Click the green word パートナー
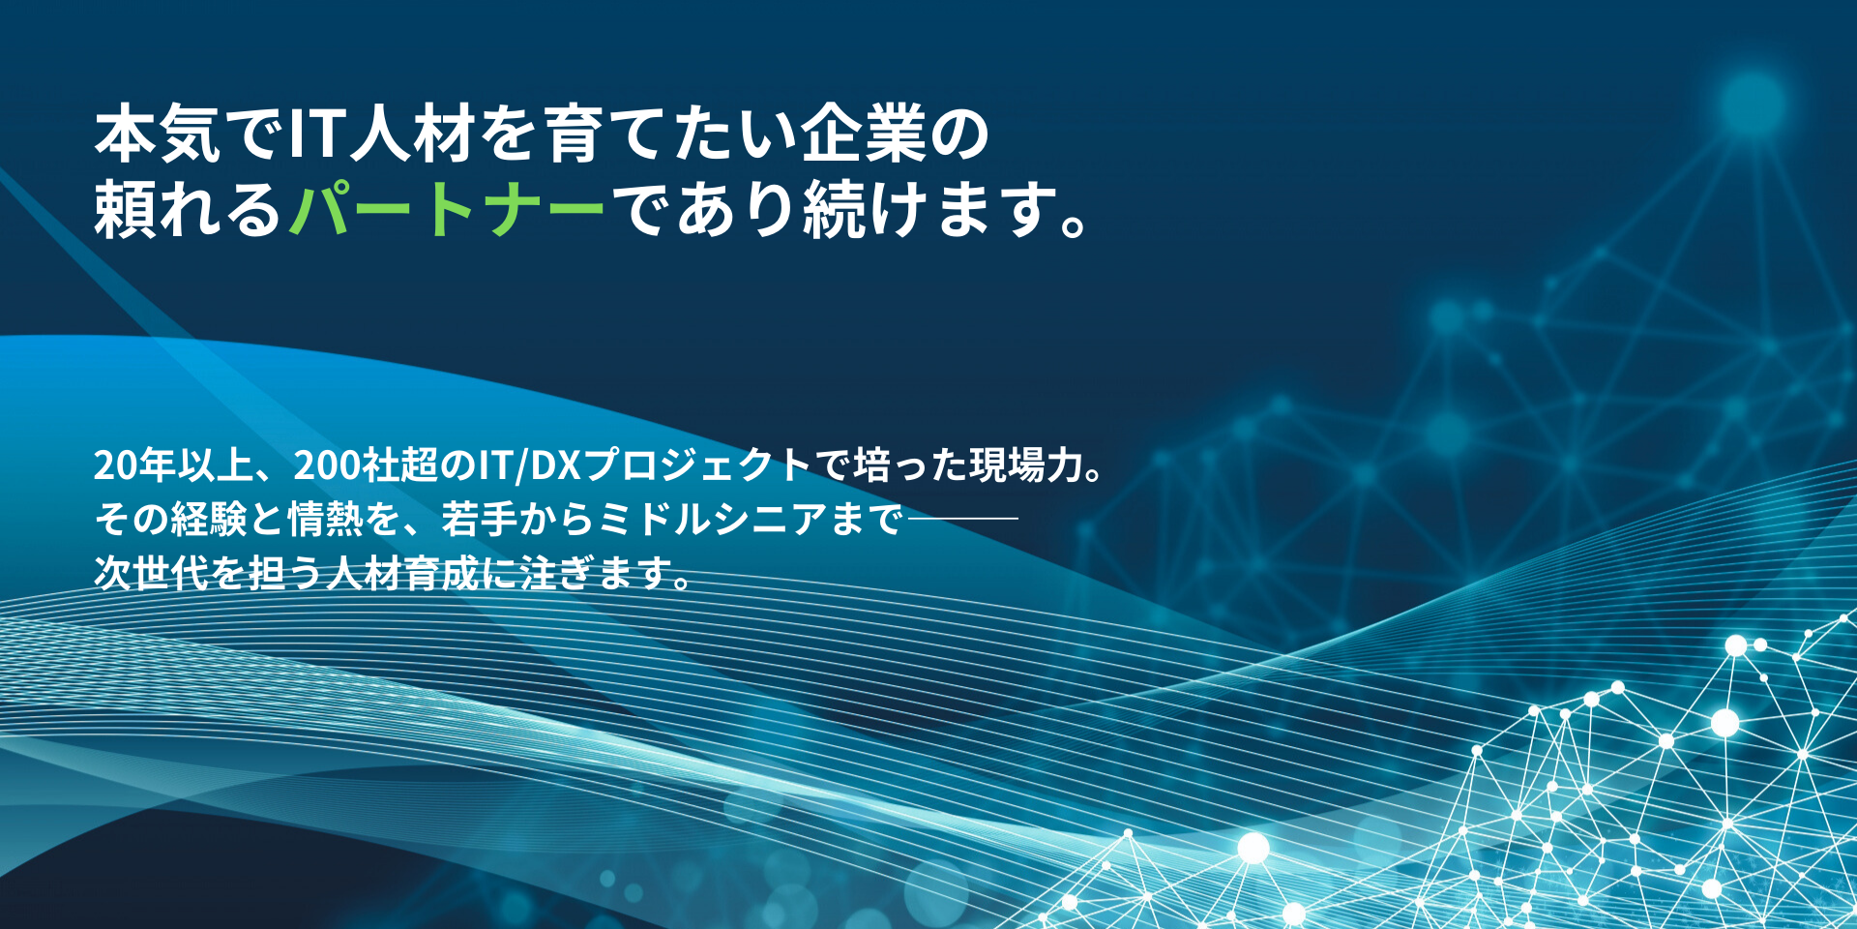pyautogui.click(x=447, y=208)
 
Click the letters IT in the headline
pyautogui.click(x=317, y=134)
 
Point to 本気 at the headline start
pyautogui.click(x=158, y=134)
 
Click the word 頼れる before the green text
pyautogui.click(x=189, y=208)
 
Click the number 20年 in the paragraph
pyautogui.click(x=134, y=465)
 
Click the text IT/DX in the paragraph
pyautogui.click(x=529, y=465)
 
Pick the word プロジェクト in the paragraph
pyautogui.click(x=697, y=465)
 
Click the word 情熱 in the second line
pyautogui.click(x=325, y=520)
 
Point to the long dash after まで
pyautogui.click(x=962, y=519)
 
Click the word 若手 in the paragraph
pyautogui.click(x=480, y=520)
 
